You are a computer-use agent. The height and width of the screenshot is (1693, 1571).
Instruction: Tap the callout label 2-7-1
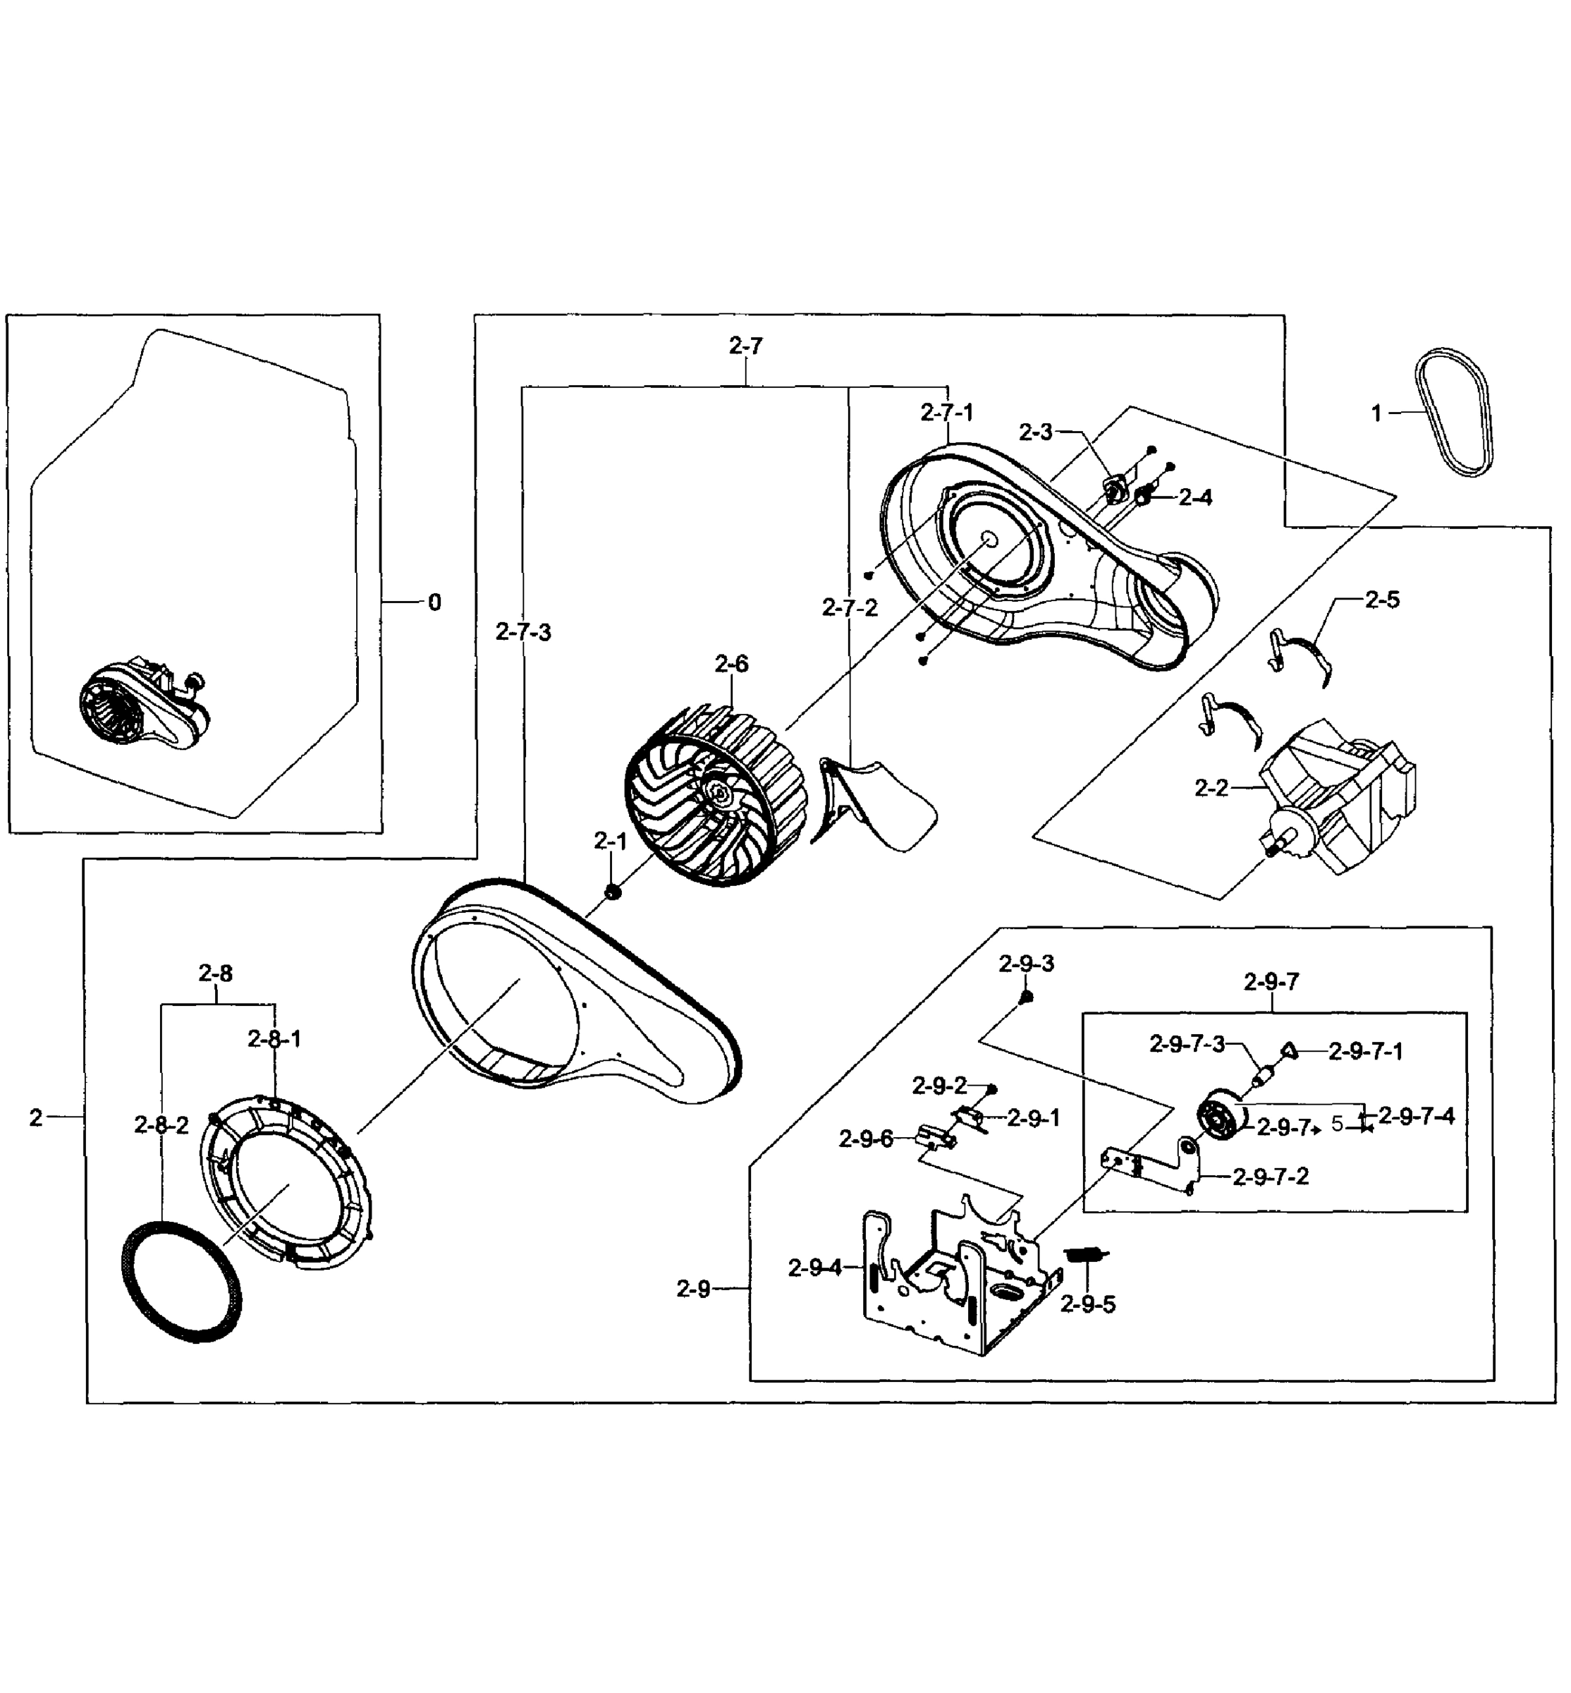(947, 413)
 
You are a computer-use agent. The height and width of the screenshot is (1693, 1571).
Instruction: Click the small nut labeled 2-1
(611, 891)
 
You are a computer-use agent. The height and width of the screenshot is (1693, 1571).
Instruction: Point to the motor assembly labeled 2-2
(1335, 799)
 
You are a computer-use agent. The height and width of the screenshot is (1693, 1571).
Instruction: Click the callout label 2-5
(1382, 600)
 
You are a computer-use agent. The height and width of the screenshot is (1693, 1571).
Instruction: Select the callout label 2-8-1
(274, 1038)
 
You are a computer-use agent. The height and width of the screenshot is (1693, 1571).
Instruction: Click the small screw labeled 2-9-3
(1026, 996)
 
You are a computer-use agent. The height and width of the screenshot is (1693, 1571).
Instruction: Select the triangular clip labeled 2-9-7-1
(1289, 1051)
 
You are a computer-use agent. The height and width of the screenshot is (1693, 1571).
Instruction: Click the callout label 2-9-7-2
(1271, 1177)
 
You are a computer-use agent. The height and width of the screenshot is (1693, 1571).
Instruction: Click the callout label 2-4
(1195, 497)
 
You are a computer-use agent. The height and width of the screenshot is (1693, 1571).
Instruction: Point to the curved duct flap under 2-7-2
(876, 803)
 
